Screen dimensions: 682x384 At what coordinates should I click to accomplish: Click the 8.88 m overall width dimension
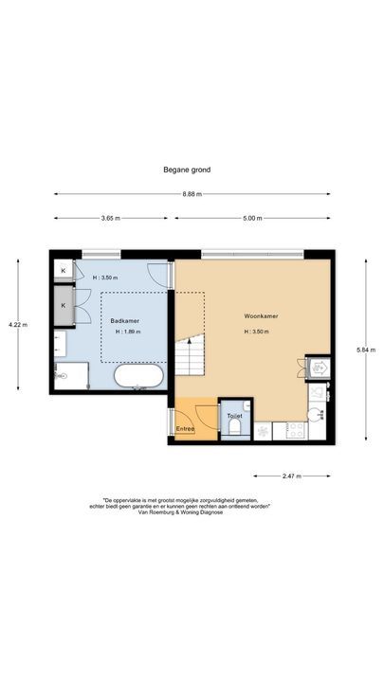pos(192,195)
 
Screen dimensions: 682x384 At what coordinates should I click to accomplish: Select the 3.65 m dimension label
pos(111,219)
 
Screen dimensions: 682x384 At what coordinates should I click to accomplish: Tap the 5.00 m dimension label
pos(251,219)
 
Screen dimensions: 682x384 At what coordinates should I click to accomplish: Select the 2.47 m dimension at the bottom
pos(292,476)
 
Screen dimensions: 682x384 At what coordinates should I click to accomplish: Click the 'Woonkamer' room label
pos(260,316)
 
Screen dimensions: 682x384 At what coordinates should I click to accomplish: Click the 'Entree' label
pos(185,429)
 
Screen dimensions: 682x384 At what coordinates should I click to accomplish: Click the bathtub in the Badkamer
pos(137,379)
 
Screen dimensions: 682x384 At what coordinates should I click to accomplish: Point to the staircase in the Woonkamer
pos(191,355)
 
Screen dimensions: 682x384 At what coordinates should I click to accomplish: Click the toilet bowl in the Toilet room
pos(232,429)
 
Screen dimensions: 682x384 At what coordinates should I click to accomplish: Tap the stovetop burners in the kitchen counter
pos(295,430)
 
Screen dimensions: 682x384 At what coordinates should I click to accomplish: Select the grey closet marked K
pos(64,305)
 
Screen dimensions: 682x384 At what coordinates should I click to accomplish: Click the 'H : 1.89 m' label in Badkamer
pos(128,332)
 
